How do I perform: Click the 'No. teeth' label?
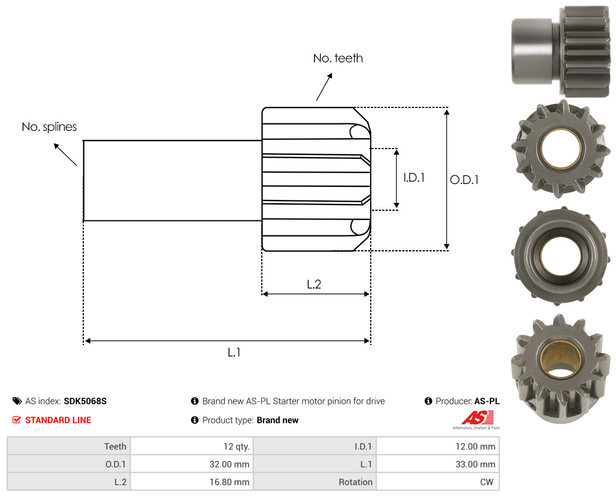coord(338,58)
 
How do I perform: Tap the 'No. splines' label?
coord(49,127)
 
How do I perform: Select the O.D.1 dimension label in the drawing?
coord(464,180)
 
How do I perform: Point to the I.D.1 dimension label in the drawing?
coord(414,178)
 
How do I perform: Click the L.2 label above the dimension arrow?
coord(314,284)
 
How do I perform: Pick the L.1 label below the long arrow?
coord(234,352)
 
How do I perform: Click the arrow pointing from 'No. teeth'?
coord(324,87)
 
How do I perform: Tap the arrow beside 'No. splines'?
coord(65,155)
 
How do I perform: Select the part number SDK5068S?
coord(85,401)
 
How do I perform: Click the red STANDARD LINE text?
coord(58,420)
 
